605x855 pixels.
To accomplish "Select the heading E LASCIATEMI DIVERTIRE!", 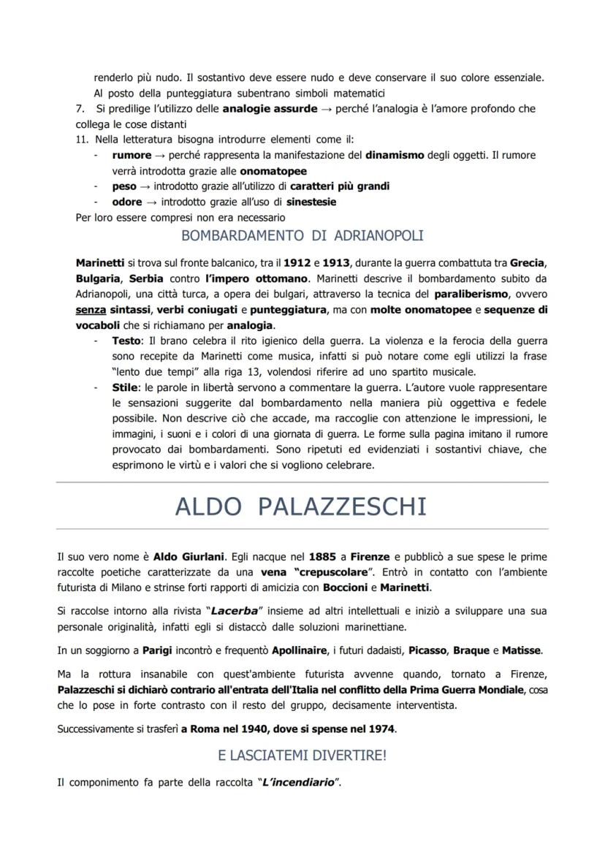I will (302, 756).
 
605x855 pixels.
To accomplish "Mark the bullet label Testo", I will (127, 341).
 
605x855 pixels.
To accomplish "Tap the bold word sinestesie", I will (311, 202).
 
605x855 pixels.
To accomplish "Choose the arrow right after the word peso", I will (146, 186).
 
